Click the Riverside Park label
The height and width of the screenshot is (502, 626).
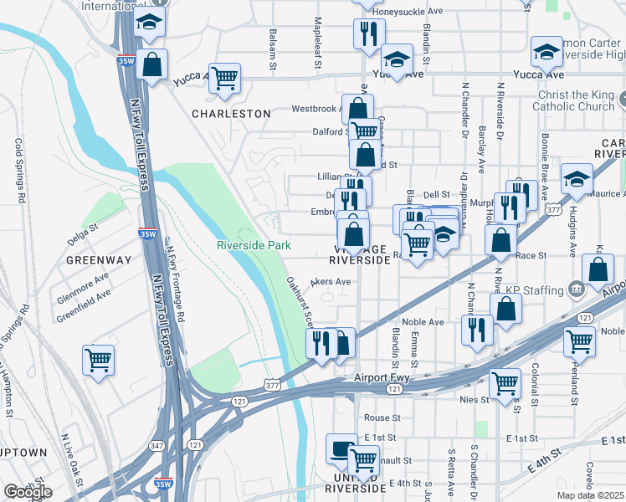(254, 245)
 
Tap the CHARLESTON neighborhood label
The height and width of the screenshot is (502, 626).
(231, 114)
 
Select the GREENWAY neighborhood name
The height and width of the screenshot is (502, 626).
(100, 260)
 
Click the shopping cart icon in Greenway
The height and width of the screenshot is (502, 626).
(99, 361)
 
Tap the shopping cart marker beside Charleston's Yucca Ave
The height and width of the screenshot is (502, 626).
(224, 79)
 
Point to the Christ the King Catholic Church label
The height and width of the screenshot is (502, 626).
(573, 101)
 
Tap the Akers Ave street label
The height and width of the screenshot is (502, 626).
(331, 282)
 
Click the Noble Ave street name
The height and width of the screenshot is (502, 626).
(423, 322)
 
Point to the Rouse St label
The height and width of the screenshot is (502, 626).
(382, 417)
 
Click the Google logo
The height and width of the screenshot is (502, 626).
(28, 492)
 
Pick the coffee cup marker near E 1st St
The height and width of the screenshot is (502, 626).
(341, 450)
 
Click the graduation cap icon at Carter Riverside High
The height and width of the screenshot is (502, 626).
(546, 53)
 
